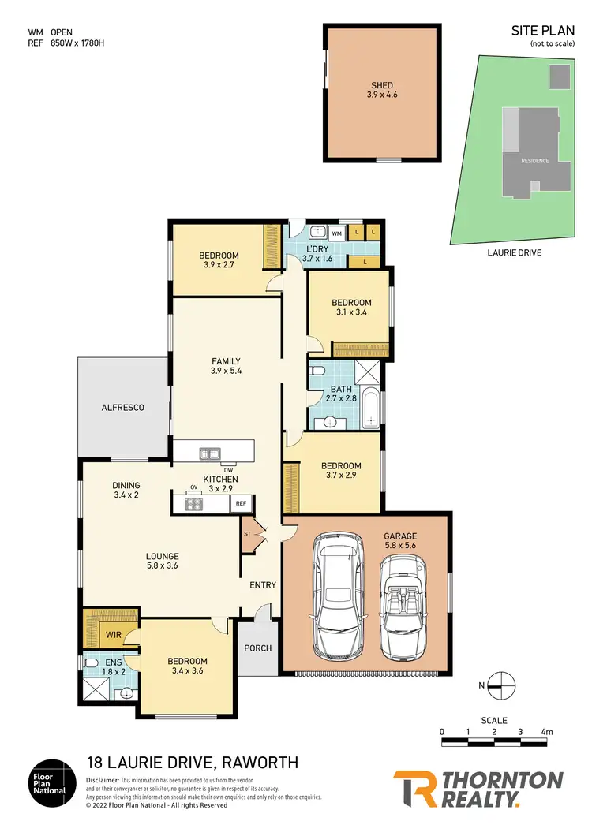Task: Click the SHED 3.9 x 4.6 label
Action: tap(382, 90)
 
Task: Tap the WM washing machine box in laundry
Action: tap(336, 233)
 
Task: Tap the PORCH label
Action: tap(258, 648)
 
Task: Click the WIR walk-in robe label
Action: tap(111, 633)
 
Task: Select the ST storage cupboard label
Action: tap(248, 534)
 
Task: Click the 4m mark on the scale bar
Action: tap(546, 732)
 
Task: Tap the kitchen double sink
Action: tap(210, 453)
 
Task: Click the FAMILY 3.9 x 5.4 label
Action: tap(225, 366)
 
